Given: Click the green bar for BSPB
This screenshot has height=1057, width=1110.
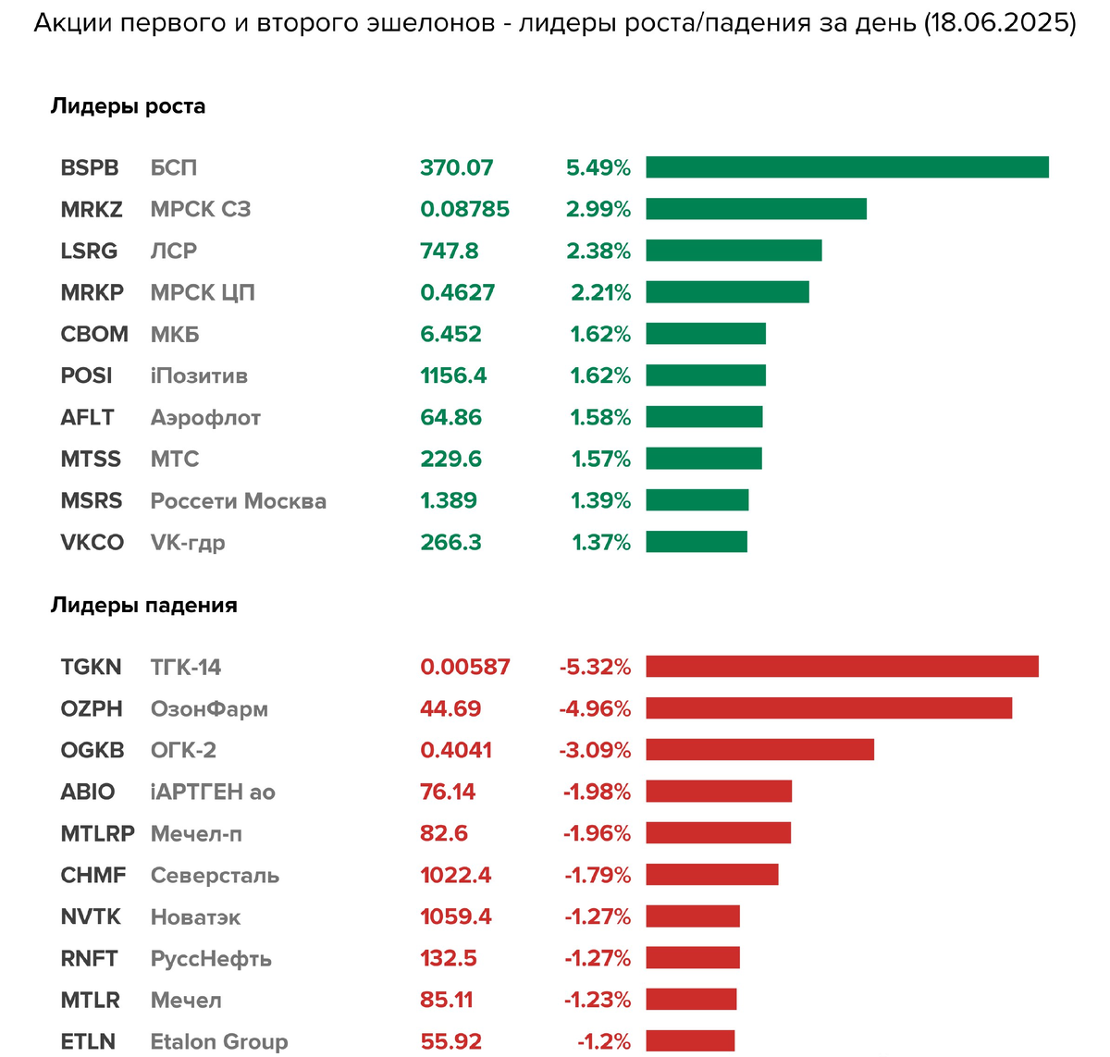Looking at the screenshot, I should (846, 167).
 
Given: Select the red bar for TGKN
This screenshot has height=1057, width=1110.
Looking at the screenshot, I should (842, 667).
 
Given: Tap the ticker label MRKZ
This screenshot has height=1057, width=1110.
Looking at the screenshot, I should (92, 210).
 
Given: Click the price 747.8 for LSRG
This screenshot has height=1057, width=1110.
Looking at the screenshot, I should (450, 252).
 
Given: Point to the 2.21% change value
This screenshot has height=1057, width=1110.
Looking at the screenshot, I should (600, 293).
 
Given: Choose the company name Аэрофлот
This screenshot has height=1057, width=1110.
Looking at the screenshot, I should (205, 418).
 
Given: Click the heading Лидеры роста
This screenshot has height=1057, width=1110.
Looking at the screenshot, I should (128, 106).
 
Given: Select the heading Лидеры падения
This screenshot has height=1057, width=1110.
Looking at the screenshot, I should (143, 606).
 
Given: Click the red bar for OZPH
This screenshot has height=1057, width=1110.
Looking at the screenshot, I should (829, 708).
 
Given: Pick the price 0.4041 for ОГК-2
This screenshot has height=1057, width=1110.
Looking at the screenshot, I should (456, 750).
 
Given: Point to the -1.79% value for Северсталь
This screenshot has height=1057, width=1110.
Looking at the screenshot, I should (598, 875).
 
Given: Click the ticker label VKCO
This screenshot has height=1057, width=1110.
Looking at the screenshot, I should (92, 543).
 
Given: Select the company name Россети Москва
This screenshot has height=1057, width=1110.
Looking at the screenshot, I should (238, 501).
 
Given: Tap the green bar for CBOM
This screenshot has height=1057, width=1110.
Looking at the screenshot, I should (706, 334).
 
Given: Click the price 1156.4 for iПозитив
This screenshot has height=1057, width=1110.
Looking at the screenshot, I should (453, 376).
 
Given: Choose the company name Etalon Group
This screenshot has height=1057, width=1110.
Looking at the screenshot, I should (219, 1041).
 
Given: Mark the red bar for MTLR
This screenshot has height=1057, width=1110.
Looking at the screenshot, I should (691, 1000).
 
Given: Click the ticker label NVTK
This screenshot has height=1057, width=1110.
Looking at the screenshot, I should (91, 916).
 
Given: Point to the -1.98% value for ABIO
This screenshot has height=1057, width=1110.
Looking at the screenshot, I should (597, 792).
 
